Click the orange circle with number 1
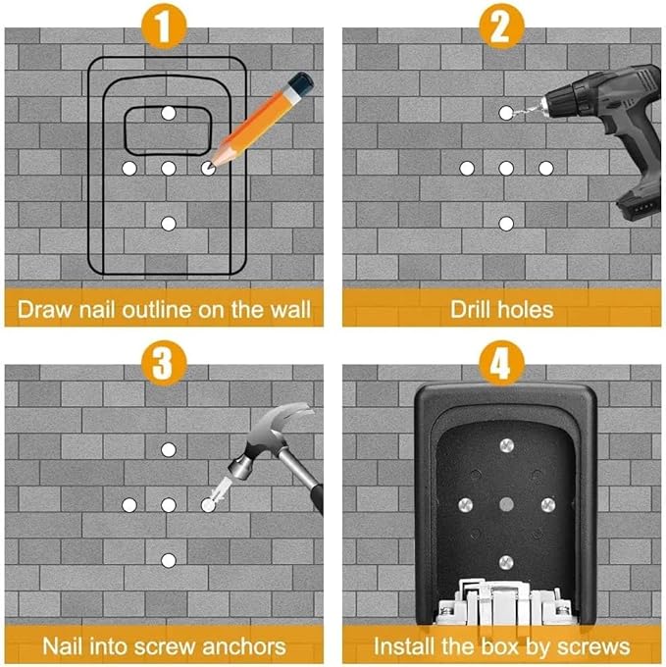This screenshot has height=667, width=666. (x=164, y=26)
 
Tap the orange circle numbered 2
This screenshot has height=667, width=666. (x=501, y=26)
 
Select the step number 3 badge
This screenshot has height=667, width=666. (x=164, y=363)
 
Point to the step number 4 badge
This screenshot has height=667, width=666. (x=501, y=363)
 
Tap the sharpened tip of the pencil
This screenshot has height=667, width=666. (x=211, y=166)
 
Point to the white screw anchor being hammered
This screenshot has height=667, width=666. (x=220, y=491)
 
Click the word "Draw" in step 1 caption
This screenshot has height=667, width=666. (x=45, y=310)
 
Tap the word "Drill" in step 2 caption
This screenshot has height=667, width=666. (x=471, y=309)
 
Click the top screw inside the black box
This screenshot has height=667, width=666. (x=506, y=445)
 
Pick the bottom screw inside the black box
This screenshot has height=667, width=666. (x=506, y=562)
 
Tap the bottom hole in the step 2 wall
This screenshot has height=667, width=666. (x=506, y=224)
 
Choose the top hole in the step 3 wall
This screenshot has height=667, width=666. (x=169, y=449)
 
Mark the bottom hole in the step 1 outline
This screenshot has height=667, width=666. (x=169, y=224)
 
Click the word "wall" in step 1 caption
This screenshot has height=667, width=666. (x=290, y=309)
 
